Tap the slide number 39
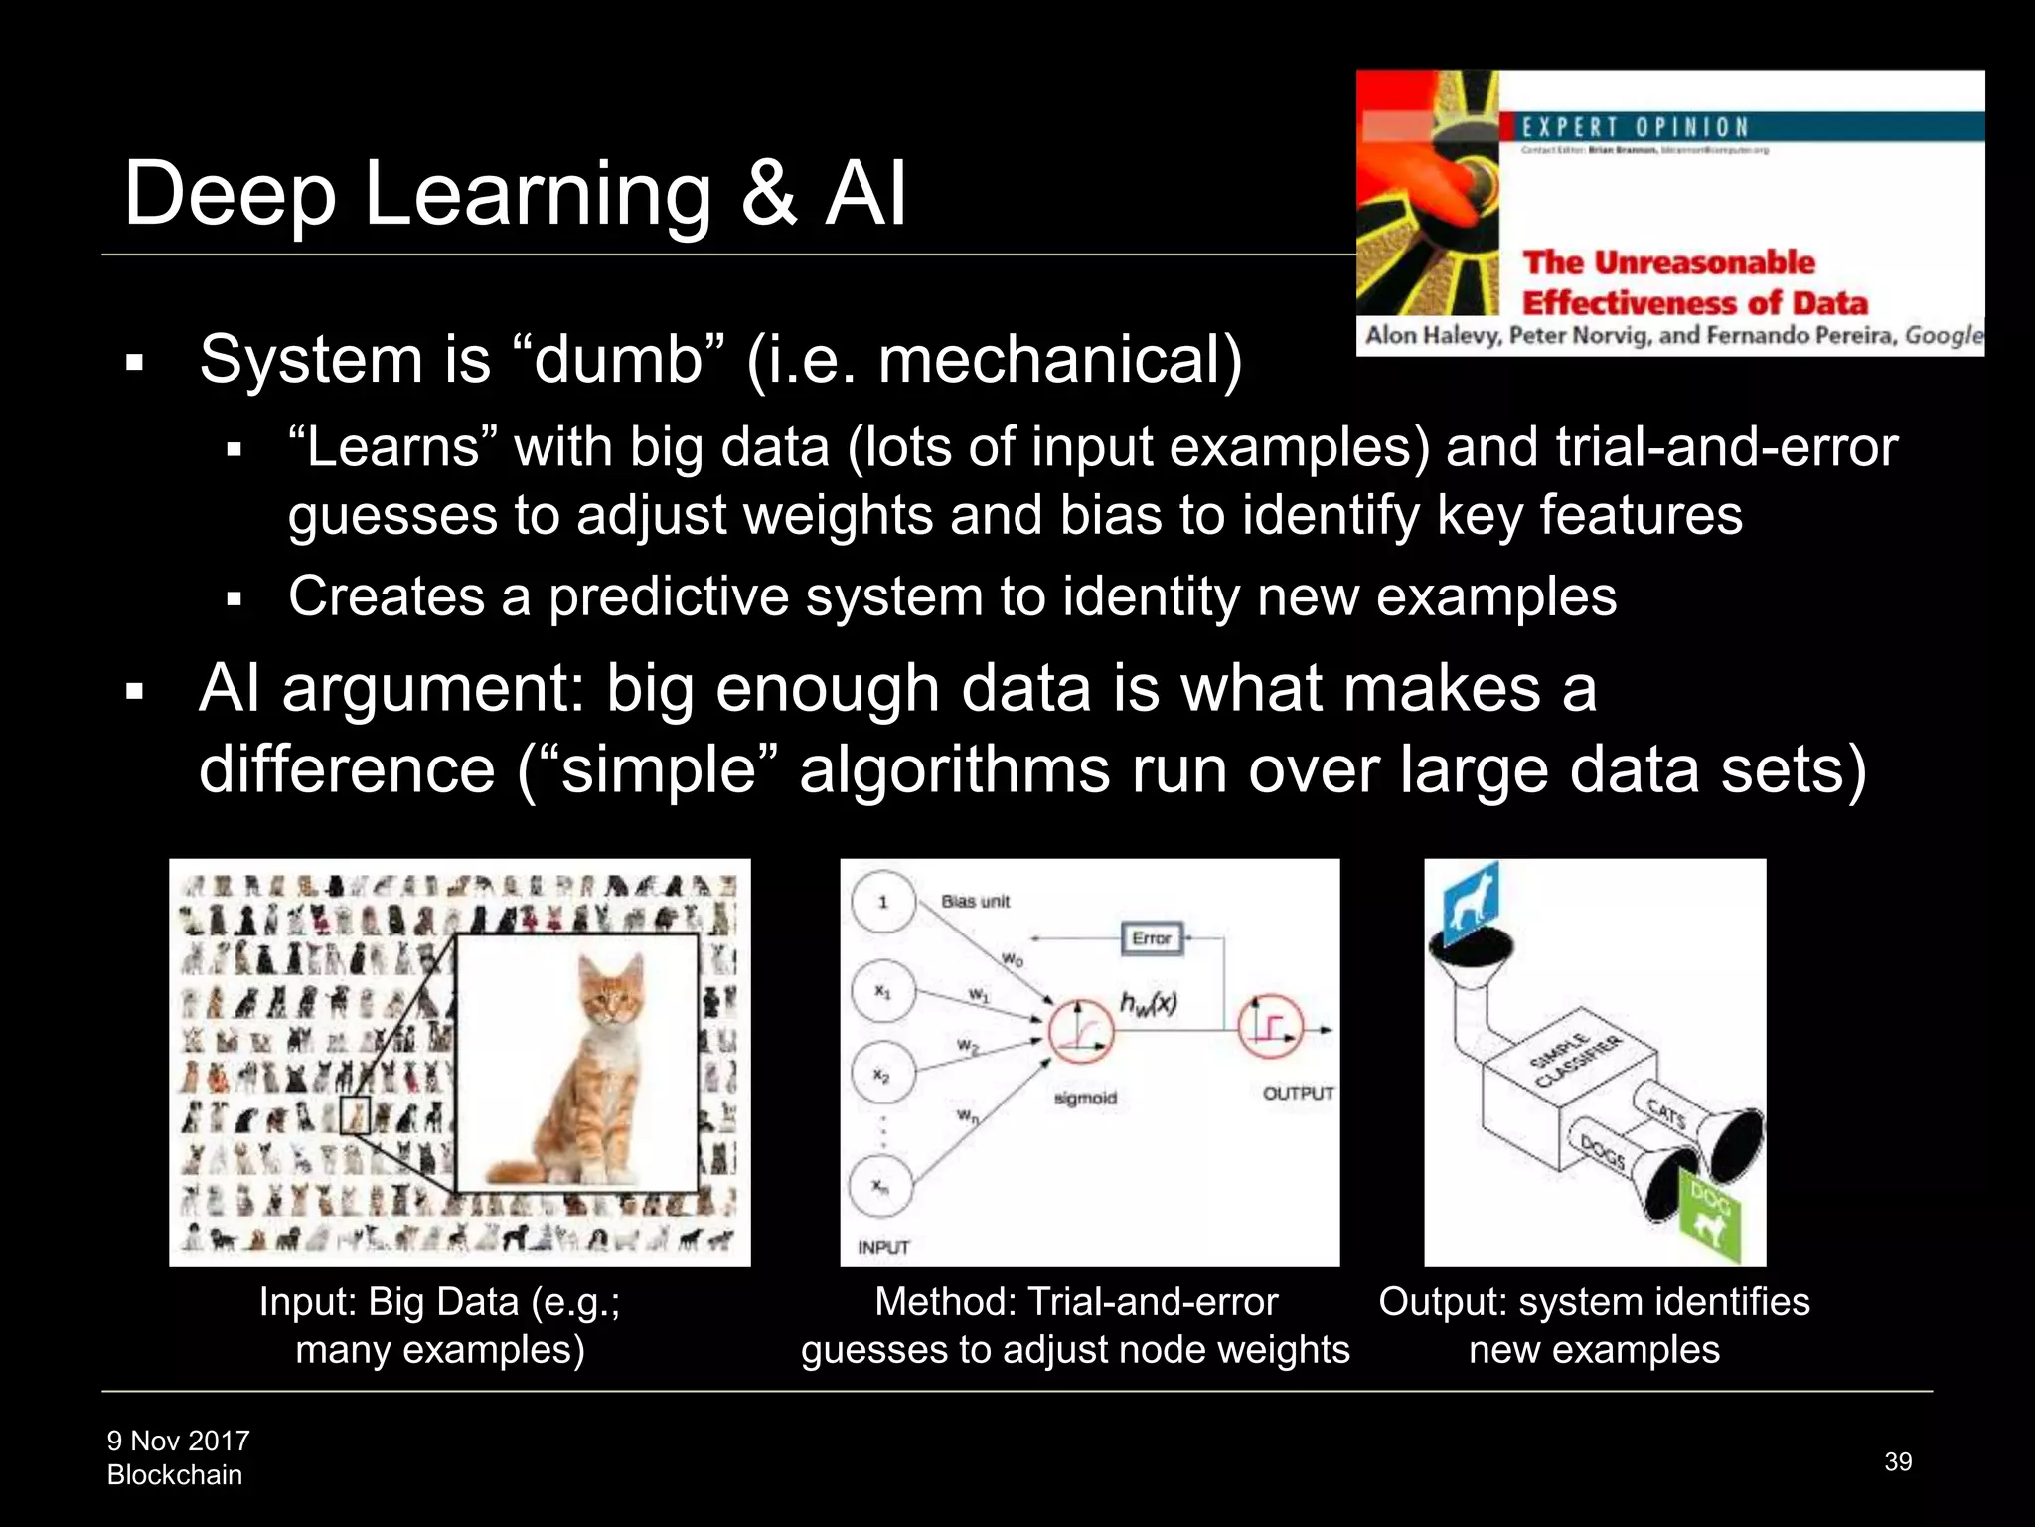(x=1898, y=1461)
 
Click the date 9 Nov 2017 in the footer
(x=179, y=1441)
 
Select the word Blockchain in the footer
(x=175, y=1475)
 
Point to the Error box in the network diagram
(x=1152, y=937)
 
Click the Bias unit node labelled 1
(x=882, y=902)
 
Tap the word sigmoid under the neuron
(x=1085, y=1098)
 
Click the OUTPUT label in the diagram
(x=1298, y=1093)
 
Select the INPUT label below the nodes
(x=883, y=1247)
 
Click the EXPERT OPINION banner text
(x=1636, y=127)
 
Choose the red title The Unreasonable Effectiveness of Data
(x=1694, y=282)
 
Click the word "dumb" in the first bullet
(x=619, y=359)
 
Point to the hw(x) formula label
(x=1149, y=1004)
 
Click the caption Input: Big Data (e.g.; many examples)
(x=440, y=1325)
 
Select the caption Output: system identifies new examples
(x=1594, y=1325)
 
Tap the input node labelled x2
(x=882, y=1075)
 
